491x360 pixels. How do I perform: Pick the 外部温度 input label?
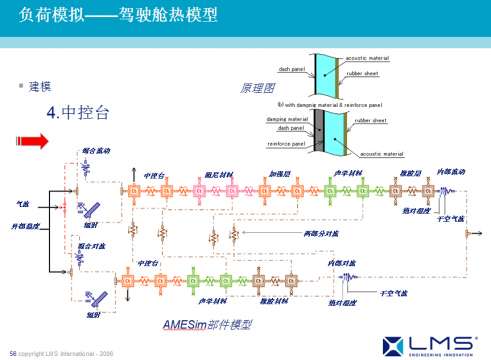25,227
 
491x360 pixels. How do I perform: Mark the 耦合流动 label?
97,151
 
